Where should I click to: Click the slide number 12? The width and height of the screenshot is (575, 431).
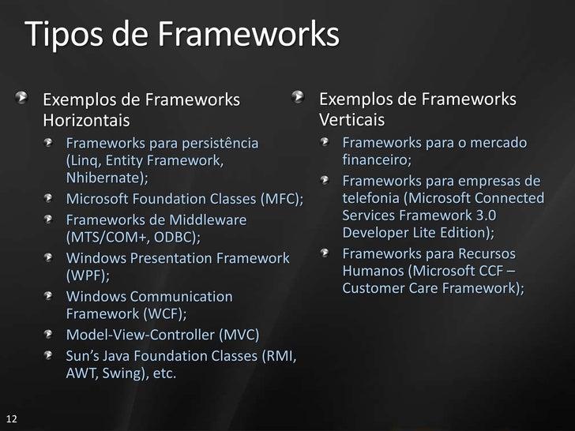coord(11,418)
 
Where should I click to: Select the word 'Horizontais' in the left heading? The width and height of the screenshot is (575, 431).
coord(85,121)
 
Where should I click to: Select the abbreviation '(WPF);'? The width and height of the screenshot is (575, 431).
coord(88,275)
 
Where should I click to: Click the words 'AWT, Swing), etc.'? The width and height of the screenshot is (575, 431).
coord(121,373)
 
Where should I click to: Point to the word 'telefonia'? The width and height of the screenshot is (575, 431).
coord(370,197)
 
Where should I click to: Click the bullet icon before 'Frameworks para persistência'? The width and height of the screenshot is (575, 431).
coord(51,144)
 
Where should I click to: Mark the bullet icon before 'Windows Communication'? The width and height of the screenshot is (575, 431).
coord(51,297)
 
